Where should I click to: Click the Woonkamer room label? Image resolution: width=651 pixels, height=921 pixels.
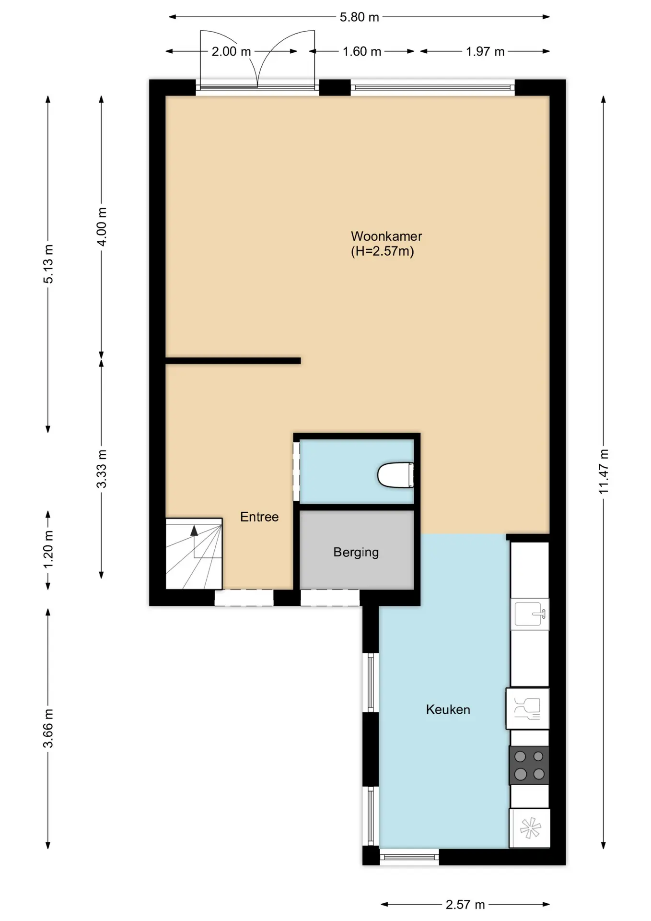point(386,236)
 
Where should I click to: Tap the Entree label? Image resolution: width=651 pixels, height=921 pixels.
point(259,517)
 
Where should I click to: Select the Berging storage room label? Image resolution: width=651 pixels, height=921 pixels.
point(356,552)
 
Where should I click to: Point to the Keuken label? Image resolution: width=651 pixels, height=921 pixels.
point(448,709)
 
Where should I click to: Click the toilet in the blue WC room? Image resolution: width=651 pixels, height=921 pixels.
point(396,475)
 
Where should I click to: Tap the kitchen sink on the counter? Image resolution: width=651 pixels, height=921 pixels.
point(530,614)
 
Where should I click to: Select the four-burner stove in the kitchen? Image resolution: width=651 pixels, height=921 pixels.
point(529,765)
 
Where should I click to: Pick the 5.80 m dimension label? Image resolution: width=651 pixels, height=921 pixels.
point(359,17)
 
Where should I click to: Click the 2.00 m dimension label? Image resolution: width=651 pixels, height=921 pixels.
point(232,51)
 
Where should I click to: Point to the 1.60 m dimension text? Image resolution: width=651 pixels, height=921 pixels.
point(362,51)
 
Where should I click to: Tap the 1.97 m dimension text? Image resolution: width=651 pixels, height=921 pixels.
point(485,51)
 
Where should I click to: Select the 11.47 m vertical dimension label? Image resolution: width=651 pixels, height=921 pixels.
point(604,472)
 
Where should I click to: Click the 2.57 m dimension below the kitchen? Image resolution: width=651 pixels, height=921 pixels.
point(465,905)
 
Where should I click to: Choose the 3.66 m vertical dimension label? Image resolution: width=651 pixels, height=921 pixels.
point(48,728)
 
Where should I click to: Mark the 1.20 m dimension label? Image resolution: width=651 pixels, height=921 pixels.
point(48,550)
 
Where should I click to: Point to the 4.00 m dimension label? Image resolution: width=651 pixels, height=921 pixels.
point(102,227)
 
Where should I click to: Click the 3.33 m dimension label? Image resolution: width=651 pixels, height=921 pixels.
point(102,469)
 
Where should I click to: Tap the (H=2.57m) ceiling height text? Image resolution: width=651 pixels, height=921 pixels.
point(383,251)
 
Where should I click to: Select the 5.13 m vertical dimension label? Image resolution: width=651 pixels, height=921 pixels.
point(48,264)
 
